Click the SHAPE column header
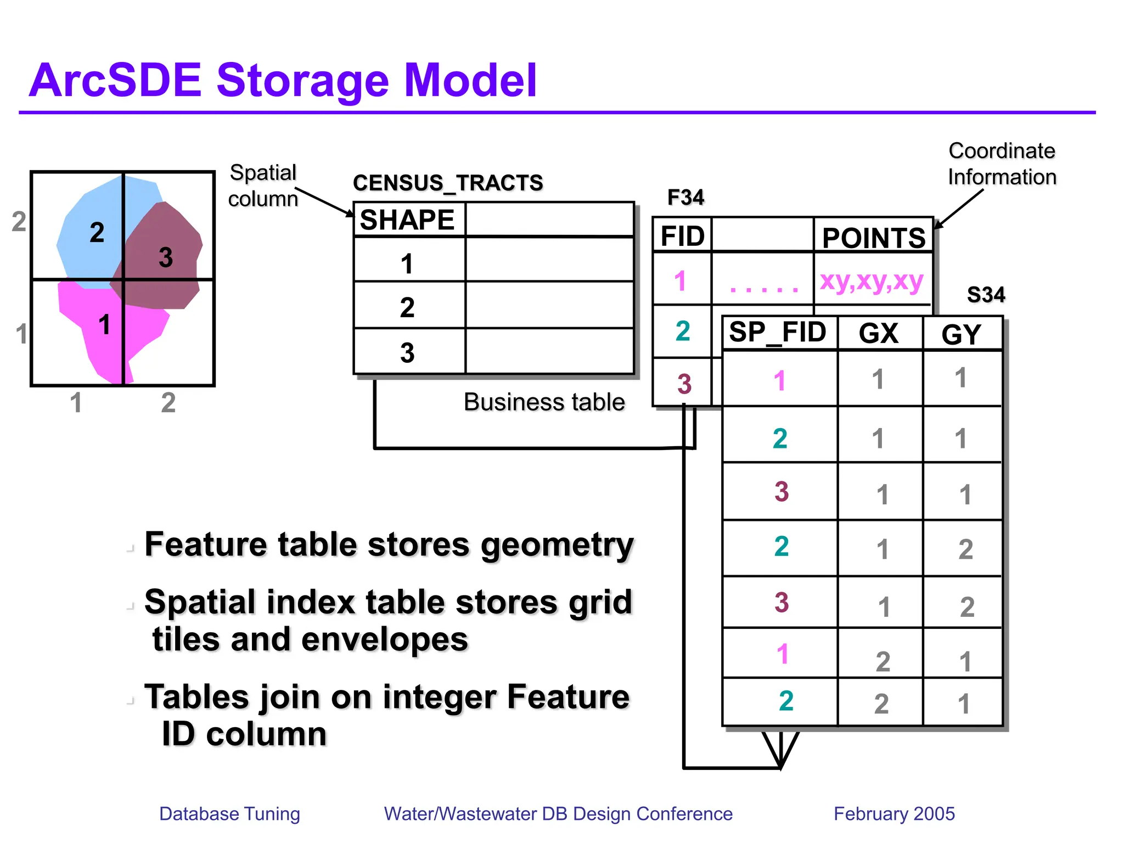click(407, 220)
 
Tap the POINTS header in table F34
click(874, 238)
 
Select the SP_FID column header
click(778, 332)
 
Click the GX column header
click(879, 333)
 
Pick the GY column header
click(962, 334)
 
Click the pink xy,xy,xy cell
click(872, 281)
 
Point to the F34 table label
click(685, 197)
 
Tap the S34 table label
click(986, 295)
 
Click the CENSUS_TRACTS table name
click(448, 183)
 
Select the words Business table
click(544, 402)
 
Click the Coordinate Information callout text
click(1002, 164)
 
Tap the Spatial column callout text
click(263, 186)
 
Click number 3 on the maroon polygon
click(166, 257)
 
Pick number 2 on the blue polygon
click(97, 232)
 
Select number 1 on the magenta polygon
click(104, 324)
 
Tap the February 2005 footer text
click(894, 813)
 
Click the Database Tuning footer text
click(229, 813)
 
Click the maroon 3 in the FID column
click(684, 384)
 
